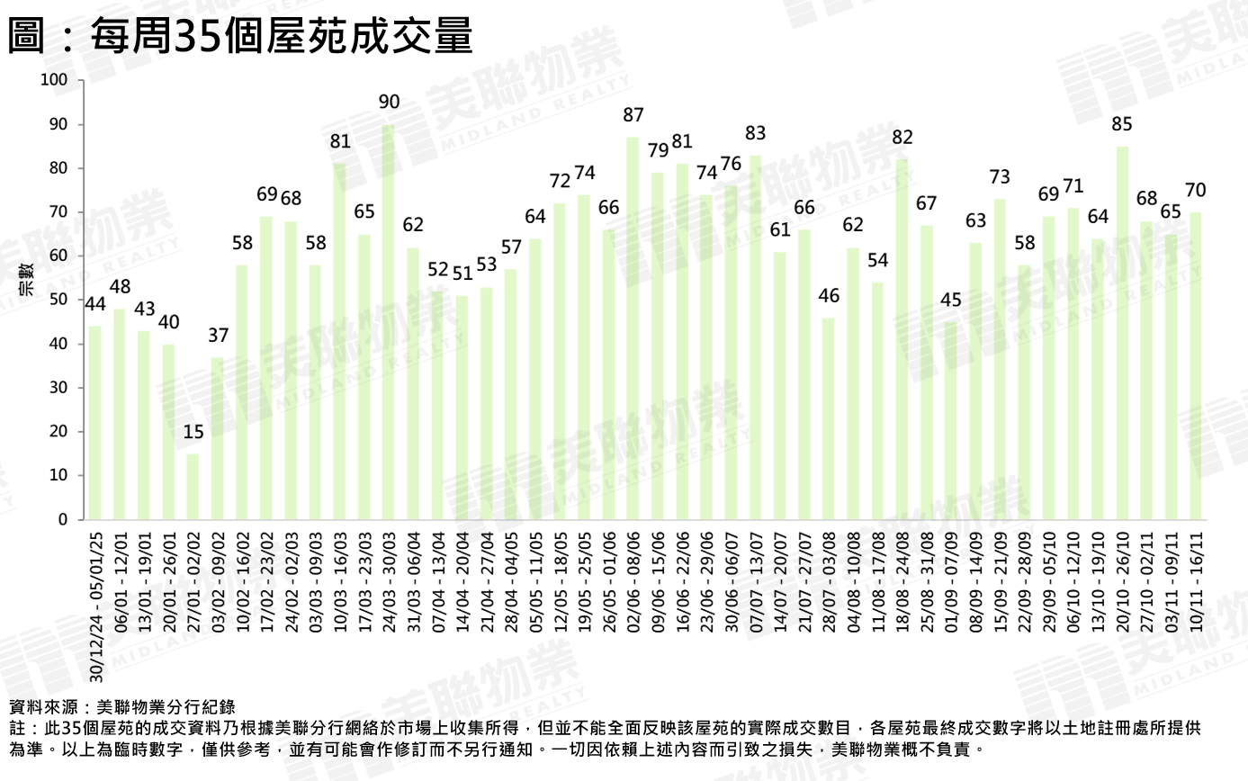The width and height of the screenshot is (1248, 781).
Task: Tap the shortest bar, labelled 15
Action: point(193,487)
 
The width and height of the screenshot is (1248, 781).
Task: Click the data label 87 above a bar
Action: point(633,115)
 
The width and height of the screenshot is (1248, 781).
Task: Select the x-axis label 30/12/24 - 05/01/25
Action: point(96,608)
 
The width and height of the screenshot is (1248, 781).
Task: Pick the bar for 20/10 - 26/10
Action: point(1123,333)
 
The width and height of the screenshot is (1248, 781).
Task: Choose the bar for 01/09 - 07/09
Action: point(951,421)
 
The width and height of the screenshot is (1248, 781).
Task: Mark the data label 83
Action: point(756,133)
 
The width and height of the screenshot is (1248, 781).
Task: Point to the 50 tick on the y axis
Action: point(59,300)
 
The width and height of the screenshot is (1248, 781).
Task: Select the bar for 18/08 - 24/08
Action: point(902,340)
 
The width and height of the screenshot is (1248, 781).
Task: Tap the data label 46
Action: point(829,296)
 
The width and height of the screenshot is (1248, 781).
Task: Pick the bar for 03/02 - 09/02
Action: point(218,438)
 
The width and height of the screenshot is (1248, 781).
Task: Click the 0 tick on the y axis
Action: point(64,520)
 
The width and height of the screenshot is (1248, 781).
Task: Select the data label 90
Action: point(389,103)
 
